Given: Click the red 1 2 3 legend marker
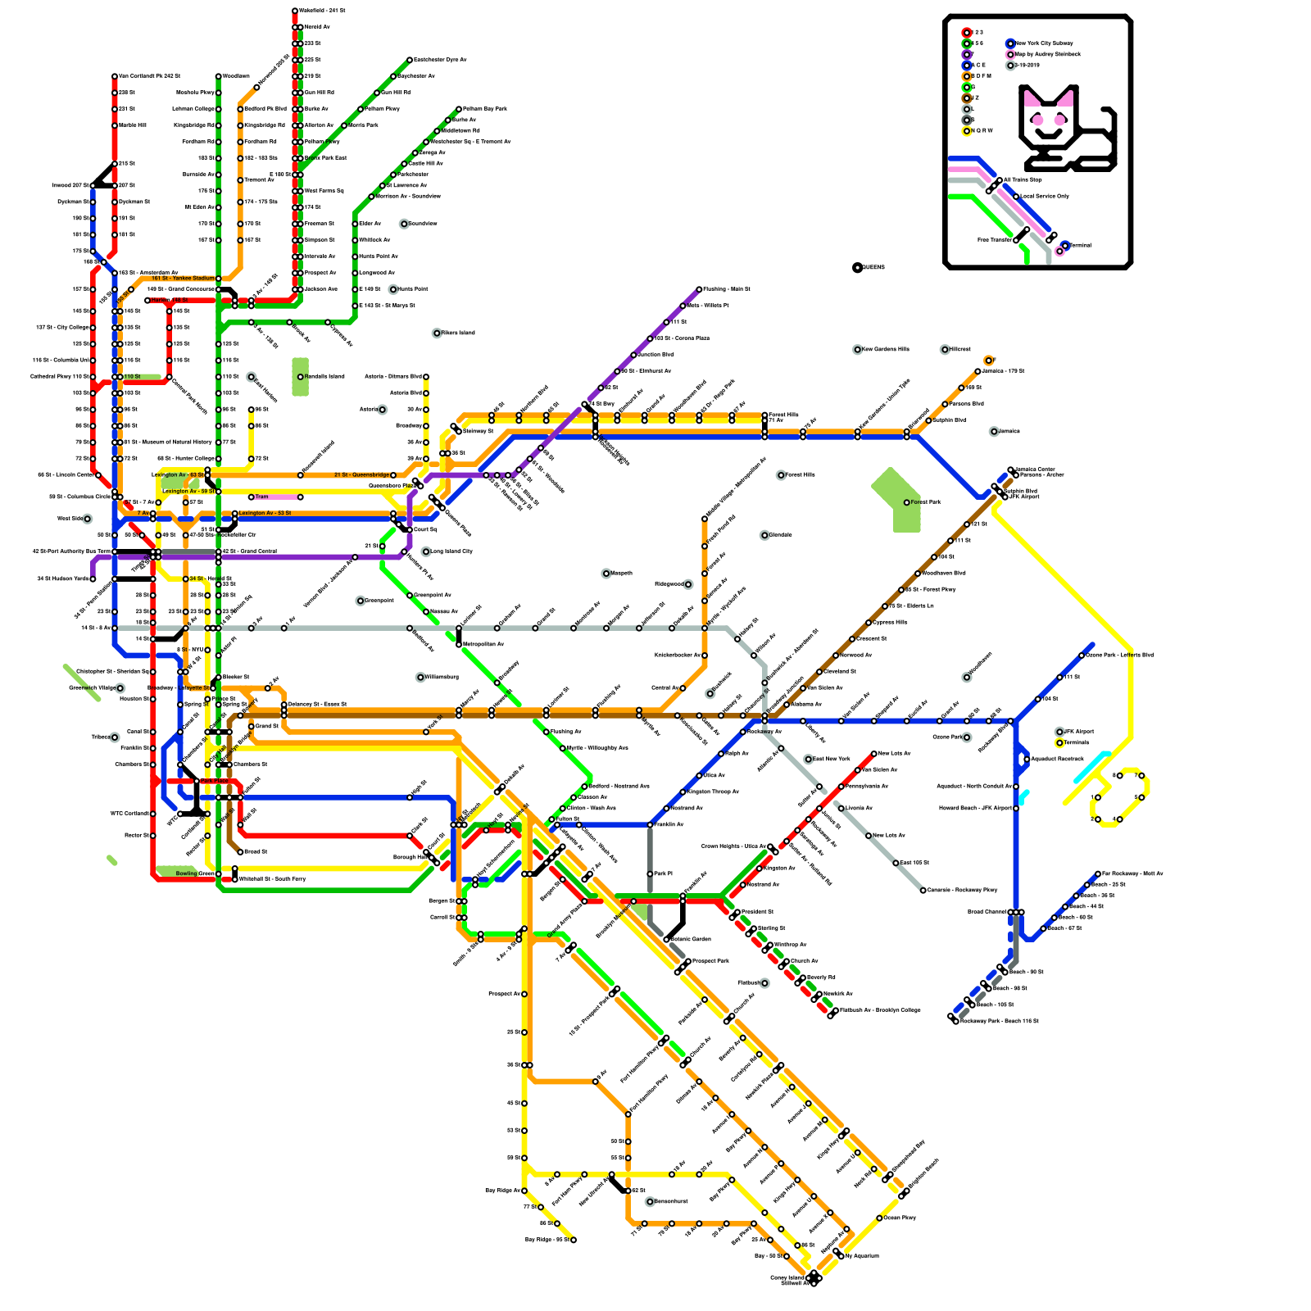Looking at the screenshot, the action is tap(967, 32).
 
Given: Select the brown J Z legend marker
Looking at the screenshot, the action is tap(967, 98).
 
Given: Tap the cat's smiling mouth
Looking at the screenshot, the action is tap(1048, 132).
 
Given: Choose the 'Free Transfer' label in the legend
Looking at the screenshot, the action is tap(994, 240).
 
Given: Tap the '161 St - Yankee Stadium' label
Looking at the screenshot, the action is tap(183, 279).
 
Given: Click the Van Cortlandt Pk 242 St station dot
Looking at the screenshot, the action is tap(115, 76).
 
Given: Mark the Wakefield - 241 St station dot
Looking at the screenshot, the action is tap(295, 11).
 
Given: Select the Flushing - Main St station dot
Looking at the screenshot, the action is tap(699, 289).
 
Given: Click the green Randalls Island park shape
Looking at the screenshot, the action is tap(300, 376).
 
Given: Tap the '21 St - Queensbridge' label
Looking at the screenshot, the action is tap(361, 475).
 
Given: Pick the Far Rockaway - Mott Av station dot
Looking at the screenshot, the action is tap(1098, 873).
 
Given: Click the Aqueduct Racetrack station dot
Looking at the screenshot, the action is tap(1027, 759).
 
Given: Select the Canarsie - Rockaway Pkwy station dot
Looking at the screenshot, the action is tap(923, 890).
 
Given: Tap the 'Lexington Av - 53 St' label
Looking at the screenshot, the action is tap(265, 513).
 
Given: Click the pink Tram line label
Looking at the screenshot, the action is tap(261, 497).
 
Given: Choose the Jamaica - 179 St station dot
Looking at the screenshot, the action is tap(978, 371).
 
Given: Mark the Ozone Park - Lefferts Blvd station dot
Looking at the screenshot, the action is tap(1082, 655).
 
